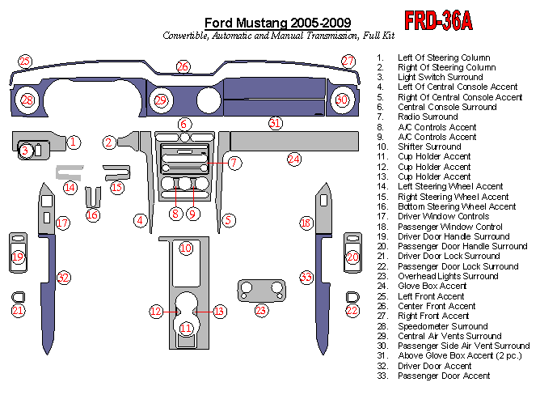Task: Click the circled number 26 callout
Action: point(184,66)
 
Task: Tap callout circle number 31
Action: point(276,123)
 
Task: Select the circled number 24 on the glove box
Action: point(294,159)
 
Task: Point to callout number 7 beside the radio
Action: point(234,164)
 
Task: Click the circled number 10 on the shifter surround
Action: point(186,248)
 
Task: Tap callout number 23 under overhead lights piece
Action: point(261,310)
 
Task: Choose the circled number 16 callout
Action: point(93,214)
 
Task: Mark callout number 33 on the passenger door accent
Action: point(306,278)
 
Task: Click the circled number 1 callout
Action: point(73,142)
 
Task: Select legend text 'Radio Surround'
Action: point(427,117)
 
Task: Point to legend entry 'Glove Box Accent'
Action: point(432,286)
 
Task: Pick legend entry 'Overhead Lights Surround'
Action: point(448,276)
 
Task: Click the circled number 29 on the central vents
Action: point(161,100)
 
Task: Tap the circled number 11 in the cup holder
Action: point(187,328)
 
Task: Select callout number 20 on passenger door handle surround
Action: point(352,257)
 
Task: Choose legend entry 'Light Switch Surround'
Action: point(441,77)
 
